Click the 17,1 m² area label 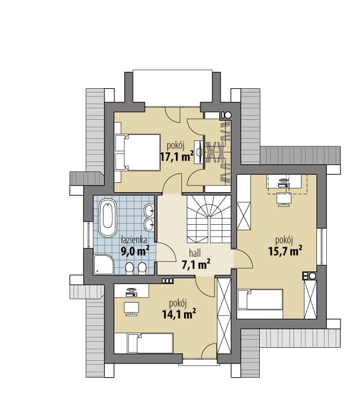pos(176,156)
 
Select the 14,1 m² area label pos(179,314)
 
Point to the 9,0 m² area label pos(135,251)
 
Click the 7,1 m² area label pos(196,264)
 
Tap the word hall pos(195,253)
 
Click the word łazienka pos(134,241)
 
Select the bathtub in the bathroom pos(107,218)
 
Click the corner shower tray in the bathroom pos(103,264)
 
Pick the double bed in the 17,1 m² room pos(138,152)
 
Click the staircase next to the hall pos(209,219)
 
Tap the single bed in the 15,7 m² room pos(260,299)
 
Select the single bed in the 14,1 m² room pos(143,343)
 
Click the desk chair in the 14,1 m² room pos(131,309)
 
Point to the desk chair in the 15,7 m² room pos(284,199)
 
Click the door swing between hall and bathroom pos(166,252)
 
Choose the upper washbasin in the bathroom pos(149,211)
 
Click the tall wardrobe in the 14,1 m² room pos(224,316)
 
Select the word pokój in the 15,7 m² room pos(284,241)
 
